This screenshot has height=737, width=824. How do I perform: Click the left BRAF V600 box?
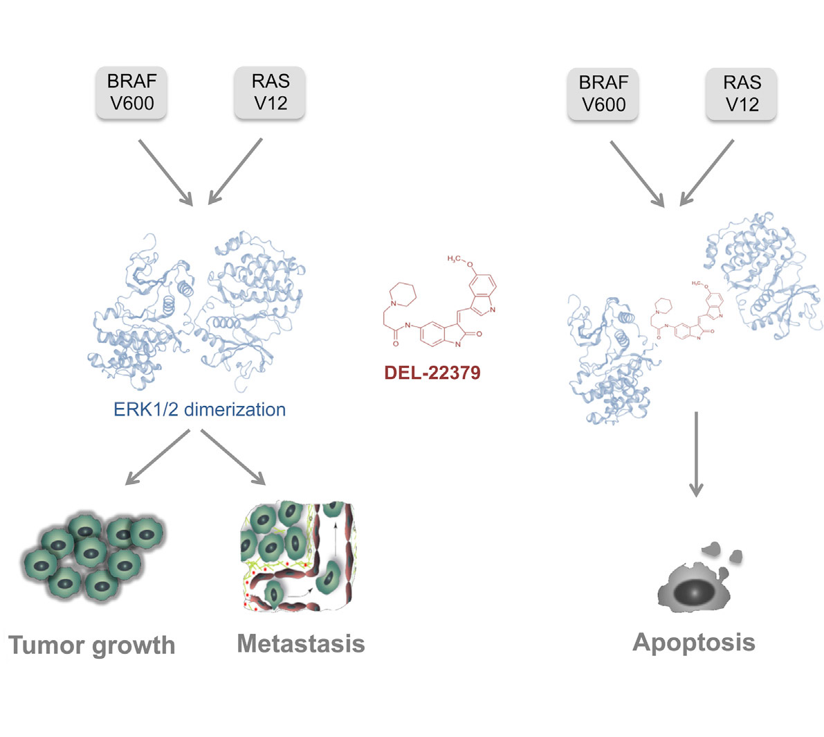(x=131, y=92)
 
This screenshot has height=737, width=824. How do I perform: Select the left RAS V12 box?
(x=270, y=92)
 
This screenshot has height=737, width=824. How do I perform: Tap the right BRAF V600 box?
(x=603, y=94)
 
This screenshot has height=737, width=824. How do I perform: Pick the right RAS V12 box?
(x=741, y=94)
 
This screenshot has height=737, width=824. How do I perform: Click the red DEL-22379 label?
(x=432, y=373)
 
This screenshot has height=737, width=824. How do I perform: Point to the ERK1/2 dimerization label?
(x=199, y=409)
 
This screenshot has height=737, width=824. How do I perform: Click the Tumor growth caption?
(x=92, y=645)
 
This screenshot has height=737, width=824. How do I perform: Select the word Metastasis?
(x=300, y=643)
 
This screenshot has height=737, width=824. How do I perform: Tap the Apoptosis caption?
(x=693, y=642)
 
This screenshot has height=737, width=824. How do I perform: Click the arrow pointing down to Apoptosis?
(x=696, y=454)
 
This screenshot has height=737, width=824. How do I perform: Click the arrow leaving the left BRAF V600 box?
(x=166, y=170)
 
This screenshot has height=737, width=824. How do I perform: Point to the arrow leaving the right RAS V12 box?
(x=706, y=172)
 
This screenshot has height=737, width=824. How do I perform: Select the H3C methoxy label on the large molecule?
(x=456, y=259)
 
